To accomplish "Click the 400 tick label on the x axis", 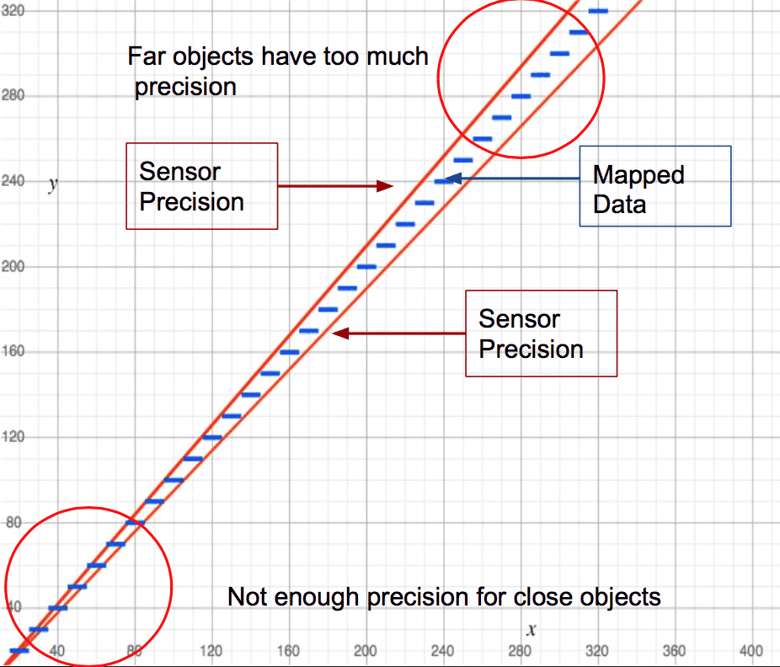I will coord(751,650).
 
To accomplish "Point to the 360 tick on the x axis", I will coord(674,650).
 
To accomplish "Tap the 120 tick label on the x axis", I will coord(211,650).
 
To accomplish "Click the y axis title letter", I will coord(53,184).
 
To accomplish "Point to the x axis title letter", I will coord(532,629).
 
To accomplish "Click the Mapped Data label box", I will coord(654,186).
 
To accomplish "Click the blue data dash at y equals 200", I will coord(366,266).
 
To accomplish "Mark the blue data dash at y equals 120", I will coord(212,437).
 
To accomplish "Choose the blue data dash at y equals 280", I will coord(521,96).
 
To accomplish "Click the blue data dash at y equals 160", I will coord(290,352).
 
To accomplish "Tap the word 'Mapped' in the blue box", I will coord(638,174).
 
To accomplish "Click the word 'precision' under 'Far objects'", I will coord(185,87).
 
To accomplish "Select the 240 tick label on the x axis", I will coord(443,650).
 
